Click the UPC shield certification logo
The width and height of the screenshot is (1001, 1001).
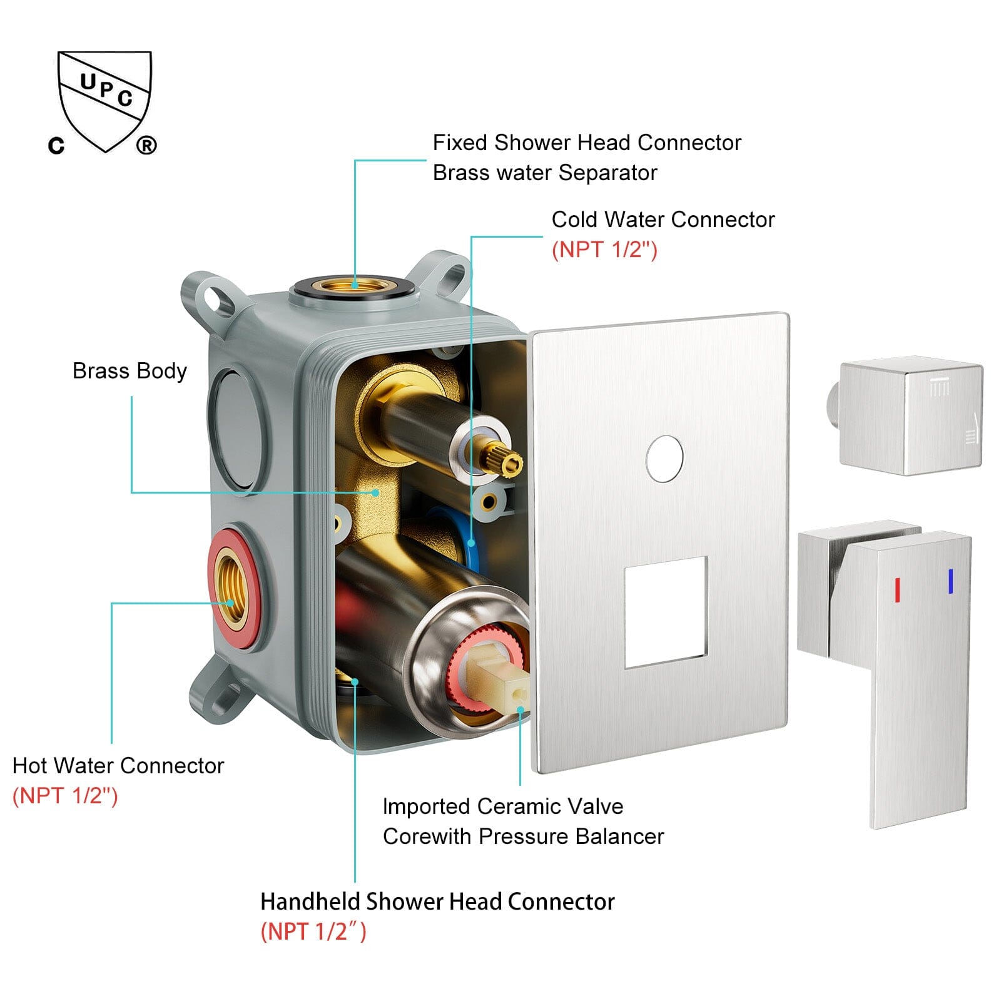[104, 100]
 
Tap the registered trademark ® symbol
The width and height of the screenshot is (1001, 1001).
[146, 146]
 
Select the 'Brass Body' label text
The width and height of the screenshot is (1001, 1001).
[130, 371]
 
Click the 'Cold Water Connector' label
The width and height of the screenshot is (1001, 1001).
[663, 220]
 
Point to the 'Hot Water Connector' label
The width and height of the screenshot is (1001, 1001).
[118, 766]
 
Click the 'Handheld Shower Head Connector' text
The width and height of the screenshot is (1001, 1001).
[437, 902]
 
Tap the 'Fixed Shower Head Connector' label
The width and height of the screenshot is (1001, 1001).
[586, 143]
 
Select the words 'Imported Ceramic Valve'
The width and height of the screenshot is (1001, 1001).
[502, 806]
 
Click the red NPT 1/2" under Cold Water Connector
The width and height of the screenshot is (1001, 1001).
[604, 250]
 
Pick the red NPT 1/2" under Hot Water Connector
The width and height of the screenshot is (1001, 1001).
[65, 796]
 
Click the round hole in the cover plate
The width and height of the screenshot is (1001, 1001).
[664, 459]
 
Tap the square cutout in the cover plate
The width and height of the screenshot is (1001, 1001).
[666, 611]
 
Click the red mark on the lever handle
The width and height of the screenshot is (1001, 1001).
[897, 590]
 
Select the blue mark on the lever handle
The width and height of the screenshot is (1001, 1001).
[950, 581]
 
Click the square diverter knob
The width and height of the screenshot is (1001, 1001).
[911, 416]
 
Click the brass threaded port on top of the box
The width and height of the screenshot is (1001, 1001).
[354, 285]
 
